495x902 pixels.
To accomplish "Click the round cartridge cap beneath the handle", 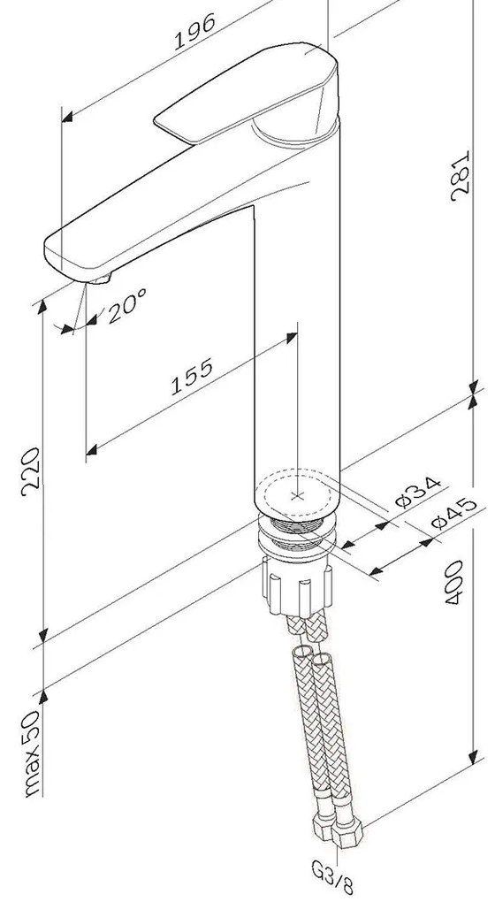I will pyautogui.click(x=292, y=133).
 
